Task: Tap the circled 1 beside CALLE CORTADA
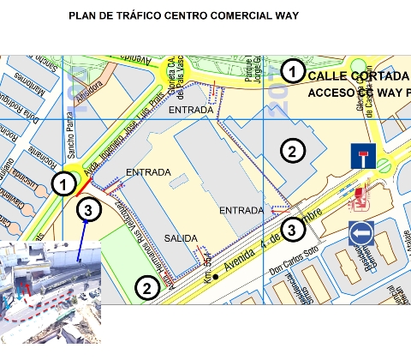point(292,72)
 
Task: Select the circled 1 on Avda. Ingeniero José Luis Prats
point(63,183)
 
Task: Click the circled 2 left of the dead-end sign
point(292,152)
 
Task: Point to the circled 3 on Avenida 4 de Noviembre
point(292,229)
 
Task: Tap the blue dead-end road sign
point(362,156)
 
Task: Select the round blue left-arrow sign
point(360,234)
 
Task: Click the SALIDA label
point(182,238)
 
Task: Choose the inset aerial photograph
point(51,291)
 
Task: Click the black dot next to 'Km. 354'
point(216,276)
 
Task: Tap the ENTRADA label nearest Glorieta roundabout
point(190,111)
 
